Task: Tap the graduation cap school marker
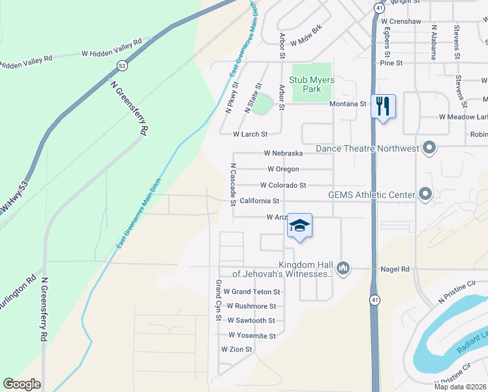[299, 225]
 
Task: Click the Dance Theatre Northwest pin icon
[429, 148]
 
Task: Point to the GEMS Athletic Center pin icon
[425, 194]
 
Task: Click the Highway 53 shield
[122, 66]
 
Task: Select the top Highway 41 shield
[379, 8]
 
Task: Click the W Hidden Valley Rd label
[112, 47]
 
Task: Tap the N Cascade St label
[232, 185]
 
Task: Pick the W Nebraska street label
[283, 153]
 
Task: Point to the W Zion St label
[236, 350]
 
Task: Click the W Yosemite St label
[252, 336]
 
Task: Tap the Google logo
[22, 384]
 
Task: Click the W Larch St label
[251, 135]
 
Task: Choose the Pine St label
[391, 63]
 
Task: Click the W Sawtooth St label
[251, 321]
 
